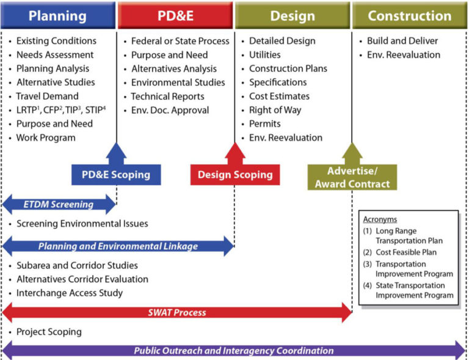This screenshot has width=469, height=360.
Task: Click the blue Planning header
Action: point(58,15)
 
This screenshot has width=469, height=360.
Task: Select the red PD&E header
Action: point(175,15)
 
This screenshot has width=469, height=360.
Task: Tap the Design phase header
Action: point(292,15)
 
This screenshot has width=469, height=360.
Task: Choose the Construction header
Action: point(409,15)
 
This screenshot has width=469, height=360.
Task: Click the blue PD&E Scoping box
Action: point(116,175)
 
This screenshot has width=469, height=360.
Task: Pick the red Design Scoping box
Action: point(235,175)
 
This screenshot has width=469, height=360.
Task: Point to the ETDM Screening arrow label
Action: point(59,205)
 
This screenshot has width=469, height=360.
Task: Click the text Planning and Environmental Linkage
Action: point(118,246)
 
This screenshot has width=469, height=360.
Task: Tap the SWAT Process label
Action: point(177,312)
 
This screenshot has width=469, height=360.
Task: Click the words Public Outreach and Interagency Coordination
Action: point(234,351)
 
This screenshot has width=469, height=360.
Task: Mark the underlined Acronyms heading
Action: point(380,219)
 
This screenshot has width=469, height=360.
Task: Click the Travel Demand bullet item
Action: point(47,96)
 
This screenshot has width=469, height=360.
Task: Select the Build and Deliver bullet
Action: point(402,41)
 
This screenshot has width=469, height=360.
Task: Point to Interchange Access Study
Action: point(69,293)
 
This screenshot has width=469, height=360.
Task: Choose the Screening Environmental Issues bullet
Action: point(82,224)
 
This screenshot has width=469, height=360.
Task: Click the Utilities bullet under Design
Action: point(264,55)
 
